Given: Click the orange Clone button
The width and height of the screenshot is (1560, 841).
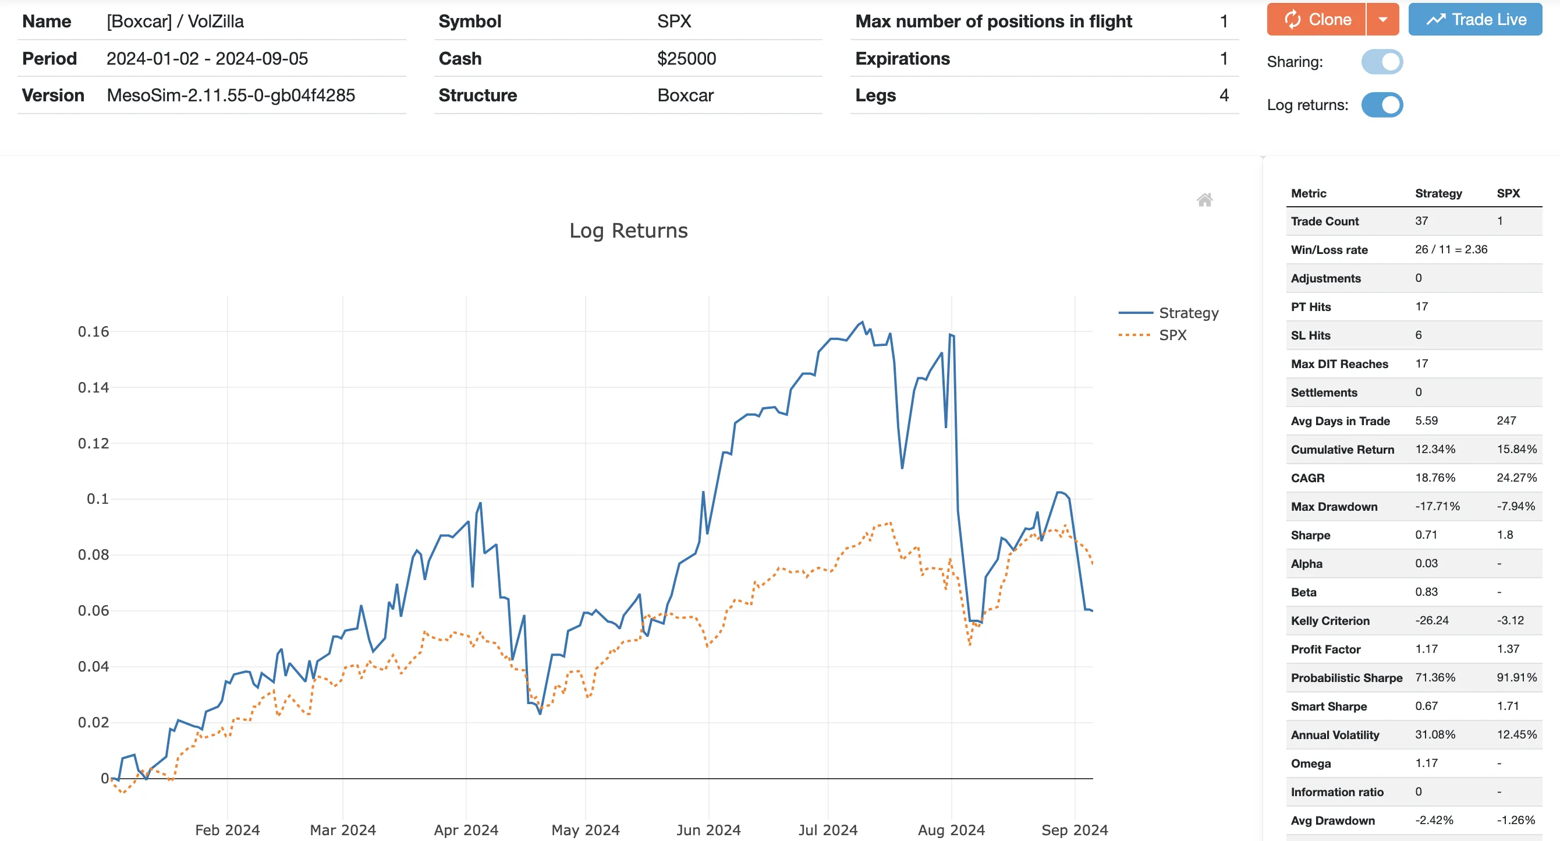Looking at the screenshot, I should (1317, 19).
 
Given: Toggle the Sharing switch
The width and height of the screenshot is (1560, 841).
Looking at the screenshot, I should (1382, 62).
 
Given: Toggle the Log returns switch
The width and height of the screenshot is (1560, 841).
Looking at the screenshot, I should (1382, 105).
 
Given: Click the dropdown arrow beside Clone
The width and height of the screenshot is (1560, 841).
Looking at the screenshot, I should (1382, 19).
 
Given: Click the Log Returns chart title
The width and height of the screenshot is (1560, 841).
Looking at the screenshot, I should (628, 231).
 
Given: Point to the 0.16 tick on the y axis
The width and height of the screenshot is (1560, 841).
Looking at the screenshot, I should (93, 331).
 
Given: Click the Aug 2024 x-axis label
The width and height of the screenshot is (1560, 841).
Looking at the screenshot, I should (951, 829).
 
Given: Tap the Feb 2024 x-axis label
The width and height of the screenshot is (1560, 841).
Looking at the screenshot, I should (227, 829).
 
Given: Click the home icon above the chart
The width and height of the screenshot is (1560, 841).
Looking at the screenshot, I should (1204, 200).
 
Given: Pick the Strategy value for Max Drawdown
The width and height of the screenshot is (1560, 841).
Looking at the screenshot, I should (1437, 506).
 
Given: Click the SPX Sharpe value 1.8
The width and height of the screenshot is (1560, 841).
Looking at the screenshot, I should (1505, 535).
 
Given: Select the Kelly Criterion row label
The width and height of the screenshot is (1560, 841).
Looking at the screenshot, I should (1330, 620).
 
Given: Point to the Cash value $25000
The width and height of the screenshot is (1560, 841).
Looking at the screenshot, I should (686, 59).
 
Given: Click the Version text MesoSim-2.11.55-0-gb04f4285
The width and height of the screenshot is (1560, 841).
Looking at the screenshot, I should (231, 95).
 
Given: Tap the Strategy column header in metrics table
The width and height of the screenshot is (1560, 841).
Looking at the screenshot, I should (1438, 193).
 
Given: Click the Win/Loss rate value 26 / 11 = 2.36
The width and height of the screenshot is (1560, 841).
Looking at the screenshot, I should (1451, 249).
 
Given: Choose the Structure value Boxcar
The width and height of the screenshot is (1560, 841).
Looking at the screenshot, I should (685, 95).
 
